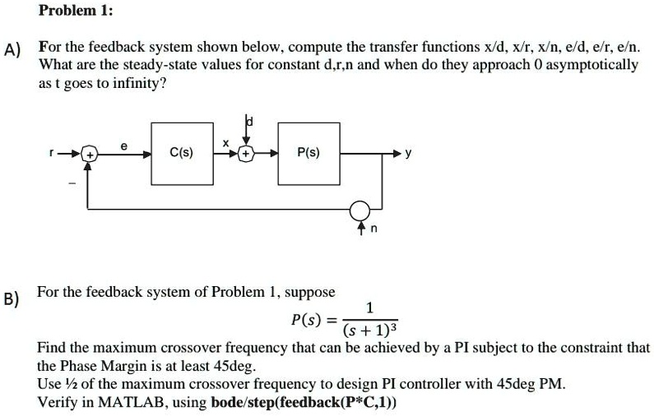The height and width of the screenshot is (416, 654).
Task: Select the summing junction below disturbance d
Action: coord(247,154)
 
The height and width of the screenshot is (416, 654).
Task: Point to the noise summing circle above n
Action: coord(359,210)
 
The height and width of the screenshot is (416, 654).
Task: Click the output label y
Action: coord(409,155)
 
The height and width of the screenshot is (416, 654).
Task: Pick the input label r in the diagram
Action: coord(73,154)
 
